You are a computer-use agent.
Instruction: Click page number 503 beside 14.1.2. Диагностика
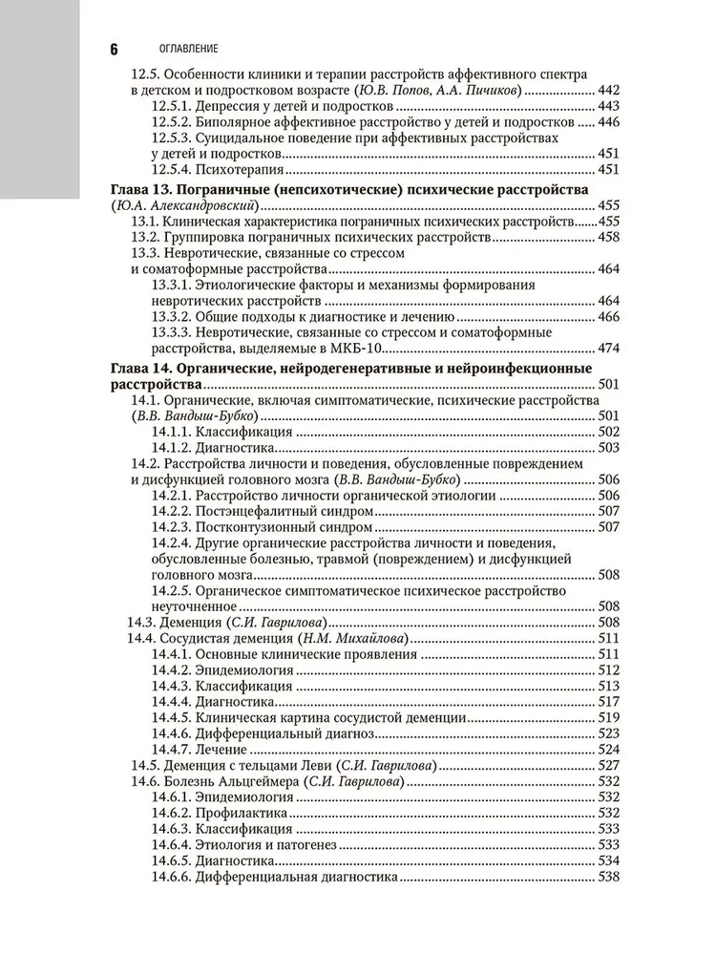click(608, 447)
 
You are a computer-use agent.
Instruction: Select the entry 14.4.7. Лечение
click(199, 751)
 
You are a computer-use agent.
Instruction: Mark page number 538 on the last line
click(608, 879)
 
